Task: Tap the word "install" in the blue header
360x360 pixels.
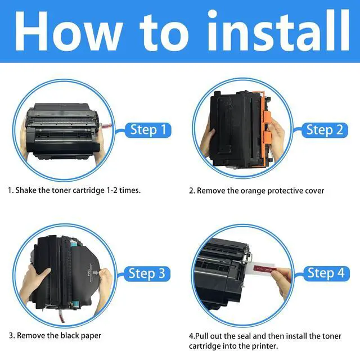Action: pos(278,30)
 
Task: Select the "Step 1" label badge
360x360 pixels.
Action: pos(148,130)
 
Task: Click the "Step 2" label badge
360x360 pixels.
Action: pos(325,130)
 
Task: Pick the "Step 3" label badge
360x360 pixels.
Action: pos(147,274)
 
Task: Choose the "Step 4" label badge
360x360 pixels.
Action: pos(326,273)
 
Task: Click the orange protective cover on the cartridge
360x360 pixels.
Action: pos(264,129)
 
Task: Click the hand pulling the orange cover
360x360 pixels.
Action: pos(276,139)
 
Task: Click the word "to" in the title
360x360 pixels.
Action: pos(164,31)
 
